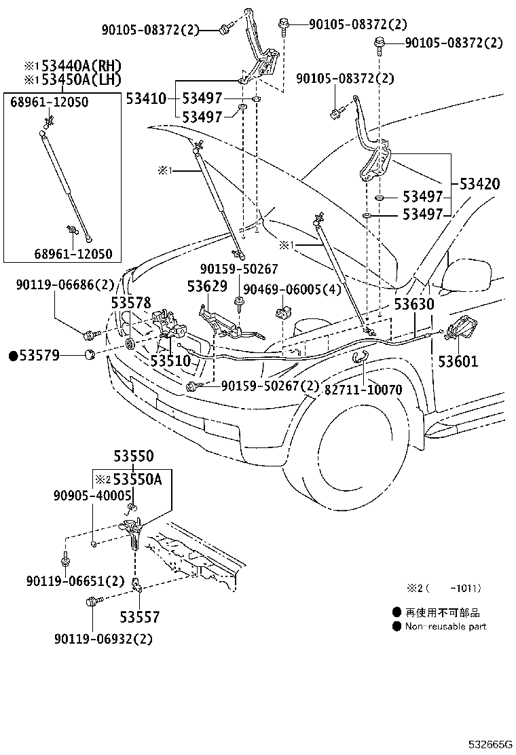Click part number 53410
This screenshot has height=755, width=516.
pos(146,99)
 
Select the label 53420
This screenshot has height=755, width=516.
pos(479,183)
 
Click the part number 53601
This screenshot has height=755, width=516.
pos(458,361)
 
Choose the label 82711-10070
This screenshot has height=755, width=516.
pos(363,390)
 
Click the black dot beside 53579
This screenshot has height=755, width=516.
pos(13,355)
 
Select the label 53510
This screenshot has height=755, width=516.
pos(170,361)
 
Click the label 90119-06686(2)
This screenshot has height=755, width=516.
pos(65,286)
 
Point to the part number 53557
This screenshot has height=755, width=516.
pos(140,617)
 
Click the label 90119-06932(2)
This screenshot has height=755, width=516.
pos(104,639)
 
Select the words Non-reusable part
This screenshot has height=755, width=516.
pos(445,627)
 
